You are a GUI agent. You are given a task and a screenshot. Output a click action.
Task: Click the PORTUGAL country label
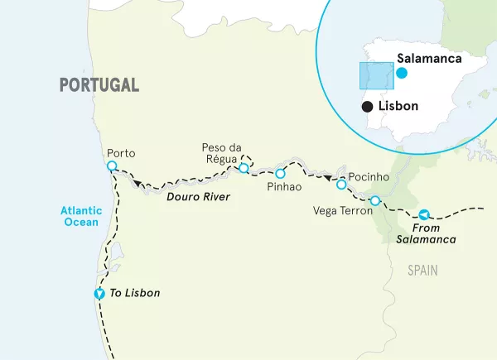[99, 84]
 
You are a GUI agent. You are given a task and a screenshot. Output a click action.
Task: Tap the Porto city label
[121, 153]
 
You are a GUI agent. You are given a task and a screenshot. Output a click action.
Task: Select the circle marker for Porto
[112, 166]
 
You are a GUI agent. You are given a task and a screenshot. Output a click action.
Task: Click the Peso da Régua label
[220, 152]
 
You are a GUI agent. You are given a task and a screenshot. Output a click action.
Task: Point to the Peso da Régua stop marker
[244, 168]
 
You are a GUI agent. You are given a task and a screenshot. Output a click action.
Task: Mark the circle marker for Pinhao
[280, 174]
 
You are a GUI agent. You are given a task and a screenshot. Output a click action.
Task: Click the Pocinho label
[369, 177]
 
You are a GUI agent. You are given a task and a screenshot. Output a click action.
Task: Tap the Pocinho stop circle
[340, 185]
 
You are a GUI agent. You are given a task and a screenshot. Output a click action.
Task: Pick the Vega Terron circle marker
[375, 200]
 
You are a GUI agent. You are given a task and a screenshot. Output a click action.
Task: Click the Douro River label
[198, 197]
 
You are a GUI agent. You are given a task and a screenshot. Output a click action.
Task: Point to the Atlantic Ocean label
[80, 216]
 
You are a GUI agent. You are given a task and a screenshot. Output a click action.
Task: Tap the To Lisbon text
[136, 293]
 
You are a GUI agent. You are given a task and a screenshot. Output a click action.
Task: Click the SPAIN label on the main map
[422, 271]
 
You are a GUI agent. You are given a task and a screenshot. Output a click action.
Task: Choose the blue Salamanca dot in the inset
[402, 73]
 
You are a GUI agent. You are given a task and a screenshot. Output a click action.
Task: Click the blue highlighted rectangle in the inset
[375, 75]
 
